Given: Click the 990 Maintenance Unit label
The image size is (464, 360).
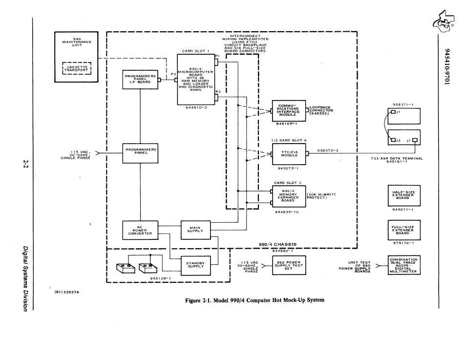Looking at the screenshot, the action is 77,42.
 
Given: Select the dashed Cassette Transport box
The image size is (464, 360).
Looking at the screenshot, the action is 77,68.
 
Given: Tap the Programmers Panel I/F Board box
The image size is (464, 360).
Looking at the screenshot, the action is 140,79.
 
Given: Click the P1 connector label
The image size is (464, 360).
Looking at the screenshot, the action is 217,56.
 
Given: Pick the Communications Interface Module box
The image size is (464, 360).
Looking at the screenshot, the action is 289,111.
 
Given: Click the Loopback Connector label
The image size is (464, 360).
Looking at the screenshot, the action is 321,110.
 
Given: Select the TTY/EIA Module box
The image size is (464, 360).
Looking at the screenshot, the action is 289,154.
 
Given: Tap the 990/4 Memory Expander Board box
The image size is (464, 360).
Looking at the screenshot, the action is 289,196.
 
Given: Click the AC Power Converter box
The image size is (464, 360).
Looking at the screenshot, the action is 140,231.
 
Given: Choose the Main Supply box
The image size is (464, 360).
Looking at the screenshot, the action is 195,230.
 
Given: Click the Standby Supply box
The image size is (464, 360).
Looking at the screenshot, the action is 195,266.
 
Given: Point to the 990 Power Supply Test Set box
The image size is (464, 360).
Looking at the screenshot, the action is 289,265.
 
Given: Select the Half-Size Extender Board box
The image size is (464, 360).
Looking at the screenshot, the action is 404,195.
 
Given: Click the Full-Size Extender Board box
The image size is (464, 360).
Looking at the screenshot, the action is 404,230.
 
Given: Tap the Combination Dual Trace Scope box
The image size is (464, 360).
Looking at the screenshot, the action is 404,265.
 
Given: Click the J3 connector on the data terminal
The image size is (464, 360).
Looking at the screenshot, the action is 393,140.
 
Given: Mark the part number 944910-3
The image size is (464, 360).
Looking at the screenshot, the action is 196,108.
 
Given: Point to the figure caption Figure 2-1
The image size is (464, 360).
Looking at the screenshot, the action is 254,300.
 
